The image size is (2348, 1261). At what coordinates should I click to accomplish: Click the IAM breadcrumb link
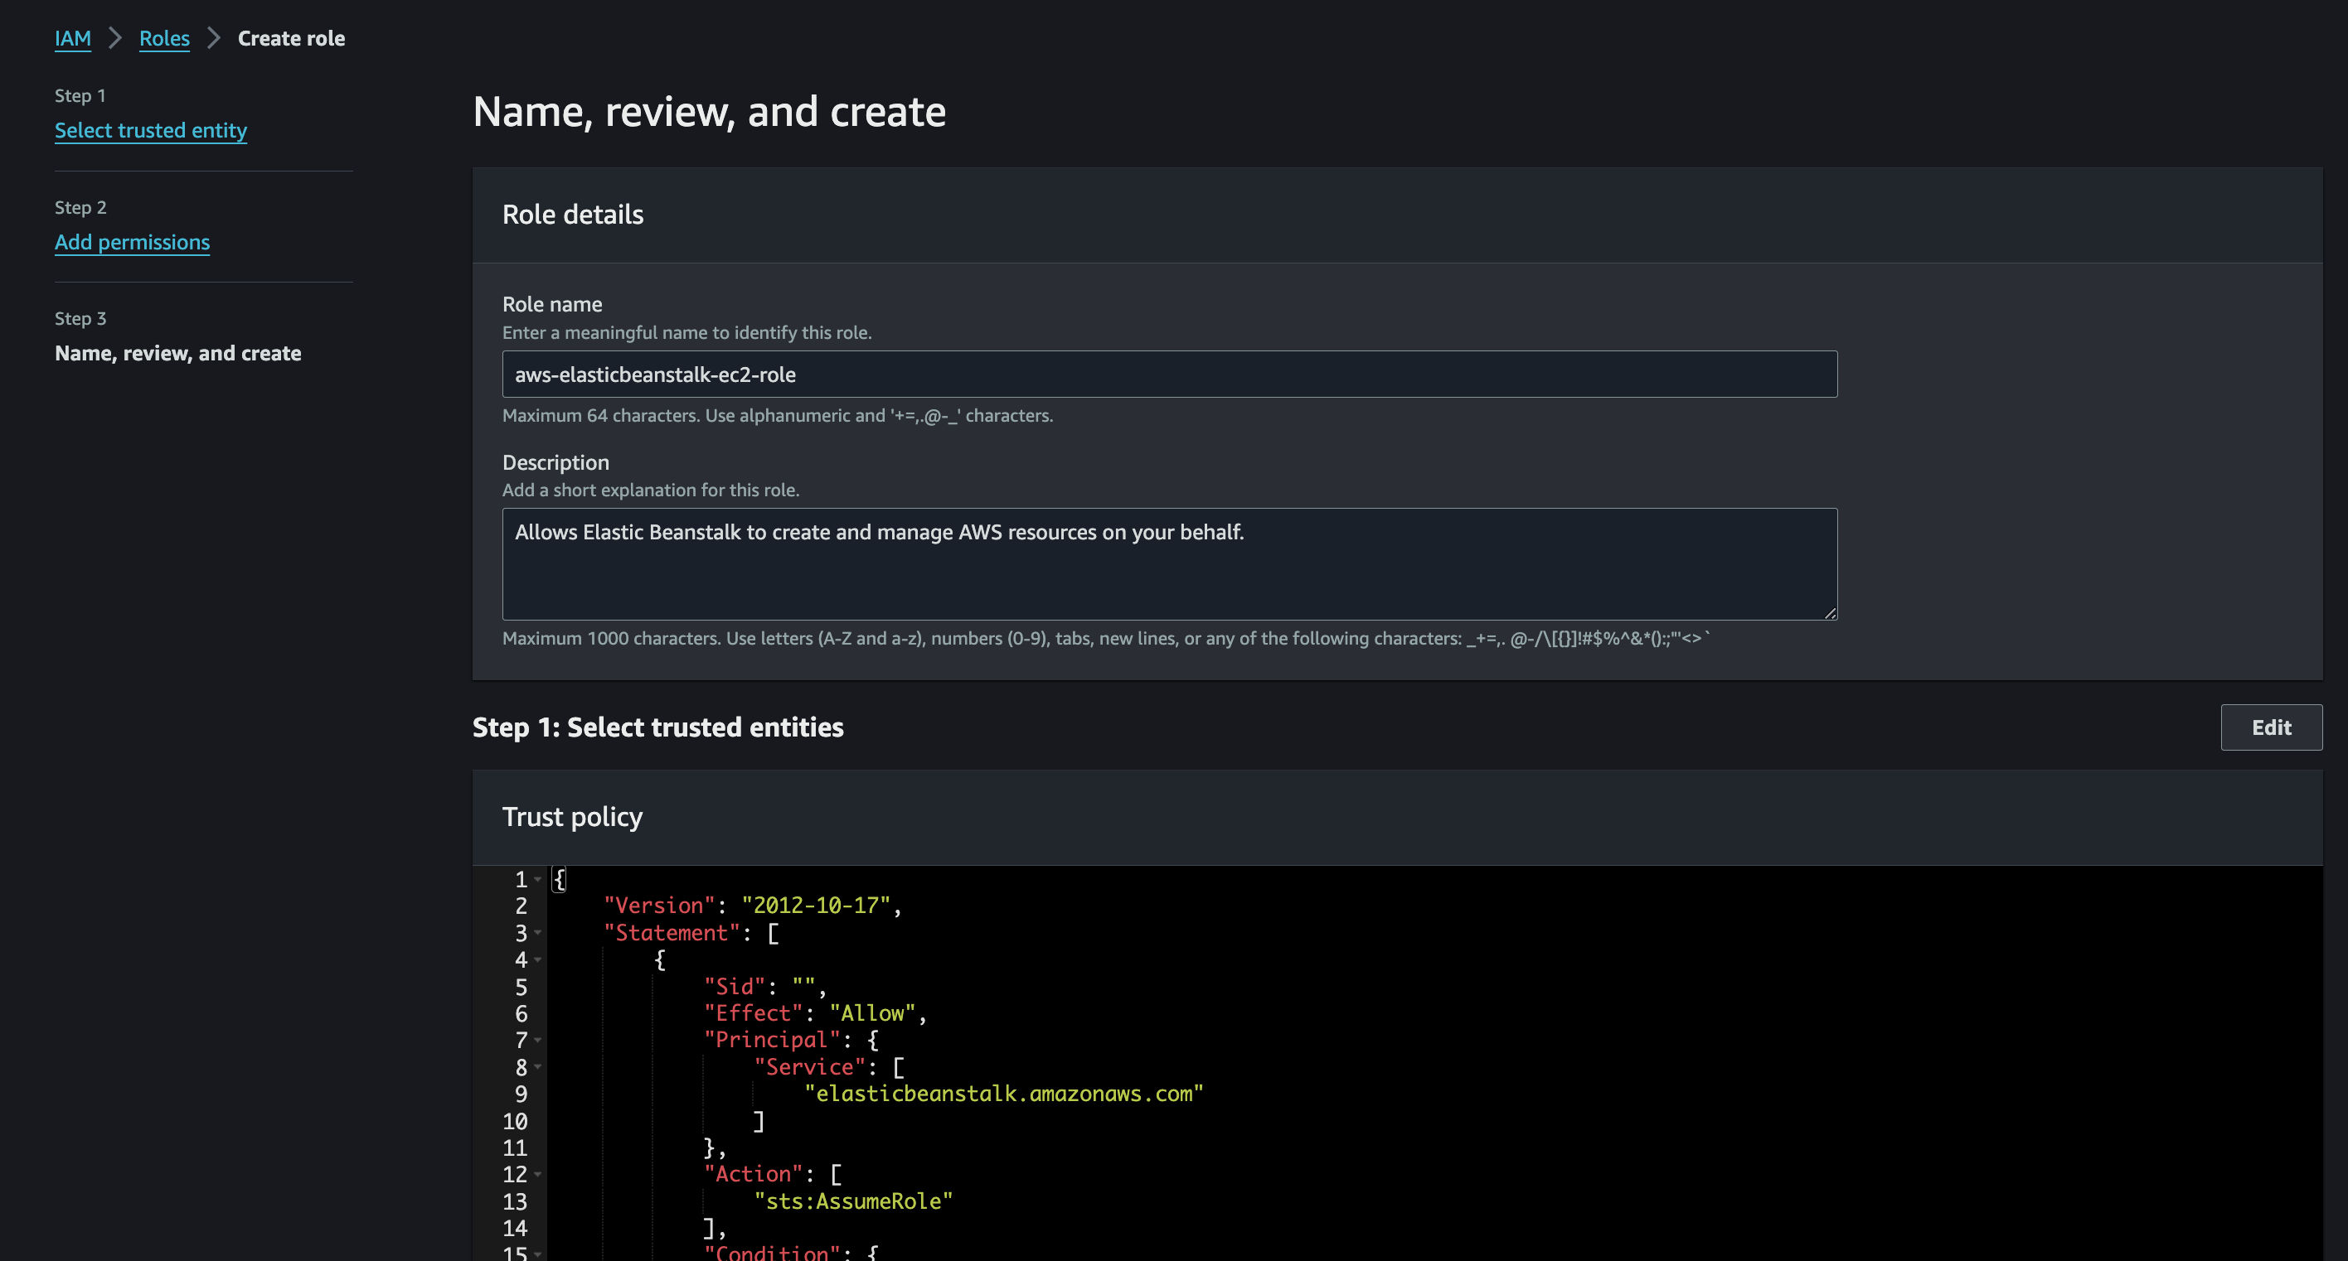click(x=73, y=38)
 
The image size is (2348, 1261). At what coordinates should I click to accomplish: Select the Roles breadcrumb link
click(x=164, y=38)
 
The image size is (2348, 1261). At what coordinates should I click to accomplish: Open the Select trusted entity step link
click(x=150, y=130)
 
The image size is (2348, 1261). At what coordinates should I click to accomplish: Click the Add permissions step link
click(x=132, y=243)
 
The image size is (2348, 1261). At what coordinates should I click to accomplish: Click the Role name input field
click(x=1170, y=374)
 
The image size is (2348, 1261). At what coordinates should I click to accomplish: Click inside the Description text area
click(x=1170, y=564)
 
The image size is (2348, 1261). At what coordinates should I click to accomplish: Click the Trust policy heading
click(x=572, y=817)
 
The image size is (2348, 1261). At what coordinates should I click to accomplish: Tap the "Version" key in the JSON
click(x=659, y=906)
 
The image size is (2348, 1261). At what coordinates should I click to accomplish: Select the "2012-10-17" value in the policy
click(x=816, y=906)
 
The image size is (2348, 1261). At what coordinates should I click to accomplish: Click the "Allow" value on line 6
click(x=872, y=1013)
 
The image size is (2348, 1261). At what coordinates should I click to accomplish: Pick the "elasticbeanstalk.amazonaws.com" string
click(x=1003, y=1094)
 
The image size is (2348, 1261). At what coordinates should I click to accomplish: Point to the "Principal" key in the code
click(x=771, y=1041)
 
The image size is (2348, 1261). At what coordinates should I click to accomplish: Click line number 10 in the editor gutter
click(x=515, y=1122)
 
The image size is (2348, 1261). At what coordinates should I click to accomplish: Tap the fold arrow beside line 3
click(x=538, y=933)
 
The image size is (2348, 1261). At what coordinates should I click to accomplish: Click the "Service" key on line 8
click(x=809, y=1068)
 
